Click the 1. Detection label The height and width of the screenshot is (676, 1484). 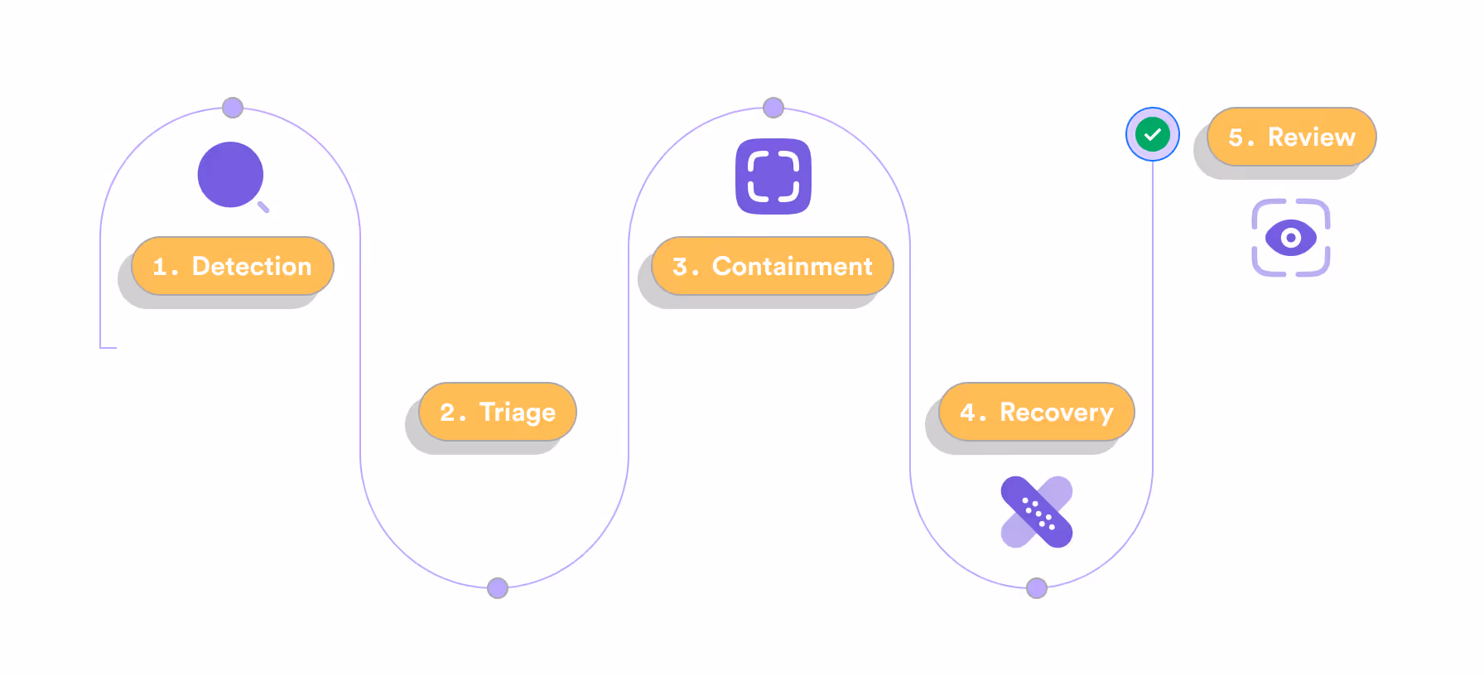[x=233, y=266]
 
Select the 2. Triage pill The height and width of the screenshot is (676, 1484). [x=498, y=412]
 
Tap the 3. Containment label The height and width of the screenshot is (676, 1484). [x=773, y=266]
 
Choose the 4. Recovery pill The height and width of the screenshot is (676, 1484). [x=1037, y=412]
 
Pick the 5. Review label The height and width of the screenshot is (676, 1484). [x=1292, y=137]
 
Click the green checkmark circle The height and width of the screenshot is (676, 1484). [x=1152, y=134]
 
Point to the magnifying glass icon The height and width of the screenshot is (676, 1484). [x=232, y=176]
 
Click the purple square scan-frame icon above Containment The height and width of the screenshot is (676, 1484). [x=773, y=176]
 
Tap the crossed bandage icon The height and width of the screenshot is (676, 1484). [x=1037, y=512]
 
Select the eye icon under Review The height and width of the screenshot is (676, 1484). [x=1290, y=238]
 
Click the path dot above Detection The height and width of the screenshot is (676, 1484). [x=233, y=108]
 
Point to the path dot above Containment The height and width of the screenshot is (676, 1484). [x=773, y=108]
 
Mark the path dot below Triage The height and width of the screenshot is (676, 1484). [x=498, y=588]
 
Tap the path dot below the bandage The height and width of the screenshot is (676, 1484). [x=1037, y=588]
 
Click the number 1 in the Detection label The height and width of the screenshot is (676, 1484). [x=161, y=267]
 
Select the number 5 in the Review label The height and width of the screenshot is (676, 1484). [x=1236, y=138]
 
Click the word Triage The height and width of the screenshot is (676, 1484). [x=518, y=413]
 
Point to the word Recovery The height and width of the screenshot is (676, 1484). [x=1057, y=413]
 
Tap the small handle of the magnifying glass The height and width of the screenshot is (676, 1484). [x=263, y=207]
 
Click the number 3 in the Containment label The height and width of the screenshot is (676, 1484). [x=680, y=267]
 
